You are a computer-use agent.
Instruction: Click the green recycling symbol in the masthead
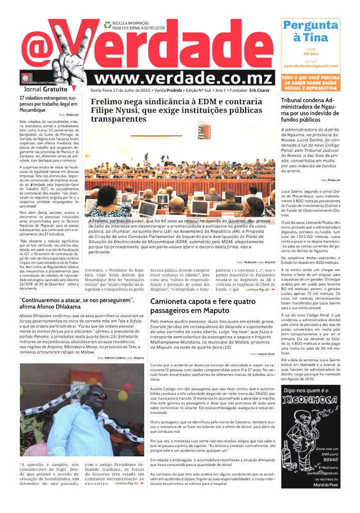107,25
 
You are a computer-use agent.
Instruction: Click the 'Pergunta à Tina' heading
310,32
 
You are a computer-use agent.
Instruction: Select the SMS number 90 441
310,54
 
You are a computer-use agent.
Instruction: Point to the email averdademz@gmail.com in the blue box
310,66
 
